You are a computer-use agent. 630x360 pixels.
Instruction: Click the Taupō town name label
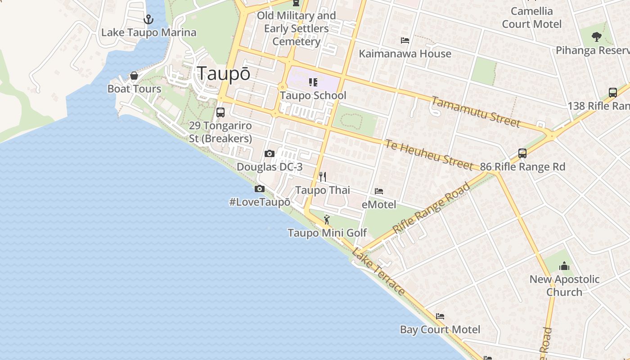224,74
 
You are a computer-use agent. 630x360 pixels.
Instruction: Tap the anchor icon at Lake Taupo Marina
148,19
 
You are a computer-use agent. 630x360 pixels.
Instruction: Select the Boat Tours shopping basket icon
134,76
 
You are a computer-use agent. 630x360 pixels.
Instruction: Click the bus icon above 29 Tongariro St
220,112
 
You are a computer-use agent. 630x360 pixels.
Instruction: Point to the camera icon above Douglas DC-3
270,154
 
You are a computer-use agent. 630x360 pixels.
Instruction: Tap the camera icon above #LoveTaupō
260,189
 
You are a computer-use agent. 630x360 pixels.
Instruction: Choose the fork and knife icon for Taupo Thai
322,176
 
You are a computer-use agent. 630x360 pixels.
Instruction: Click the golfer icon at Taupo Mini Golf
327,220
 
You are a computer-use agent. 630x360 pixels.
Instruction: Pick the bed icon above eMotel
379,191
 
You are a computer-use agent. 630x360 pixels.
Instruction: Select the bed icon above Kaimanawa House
405,40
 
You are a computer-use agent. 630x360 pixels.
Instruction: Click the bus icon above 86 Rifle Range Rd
522,153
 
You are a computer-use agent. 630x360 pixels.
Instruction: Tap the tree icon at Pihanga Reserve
597,36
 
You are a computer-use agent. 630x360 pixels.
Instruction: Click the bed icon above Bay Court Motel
440,316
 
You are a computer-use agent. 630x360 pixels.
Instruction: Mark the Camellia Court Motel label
532,18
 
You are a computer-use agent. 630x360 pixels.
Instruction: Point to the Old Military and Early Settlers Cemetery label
297,28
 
